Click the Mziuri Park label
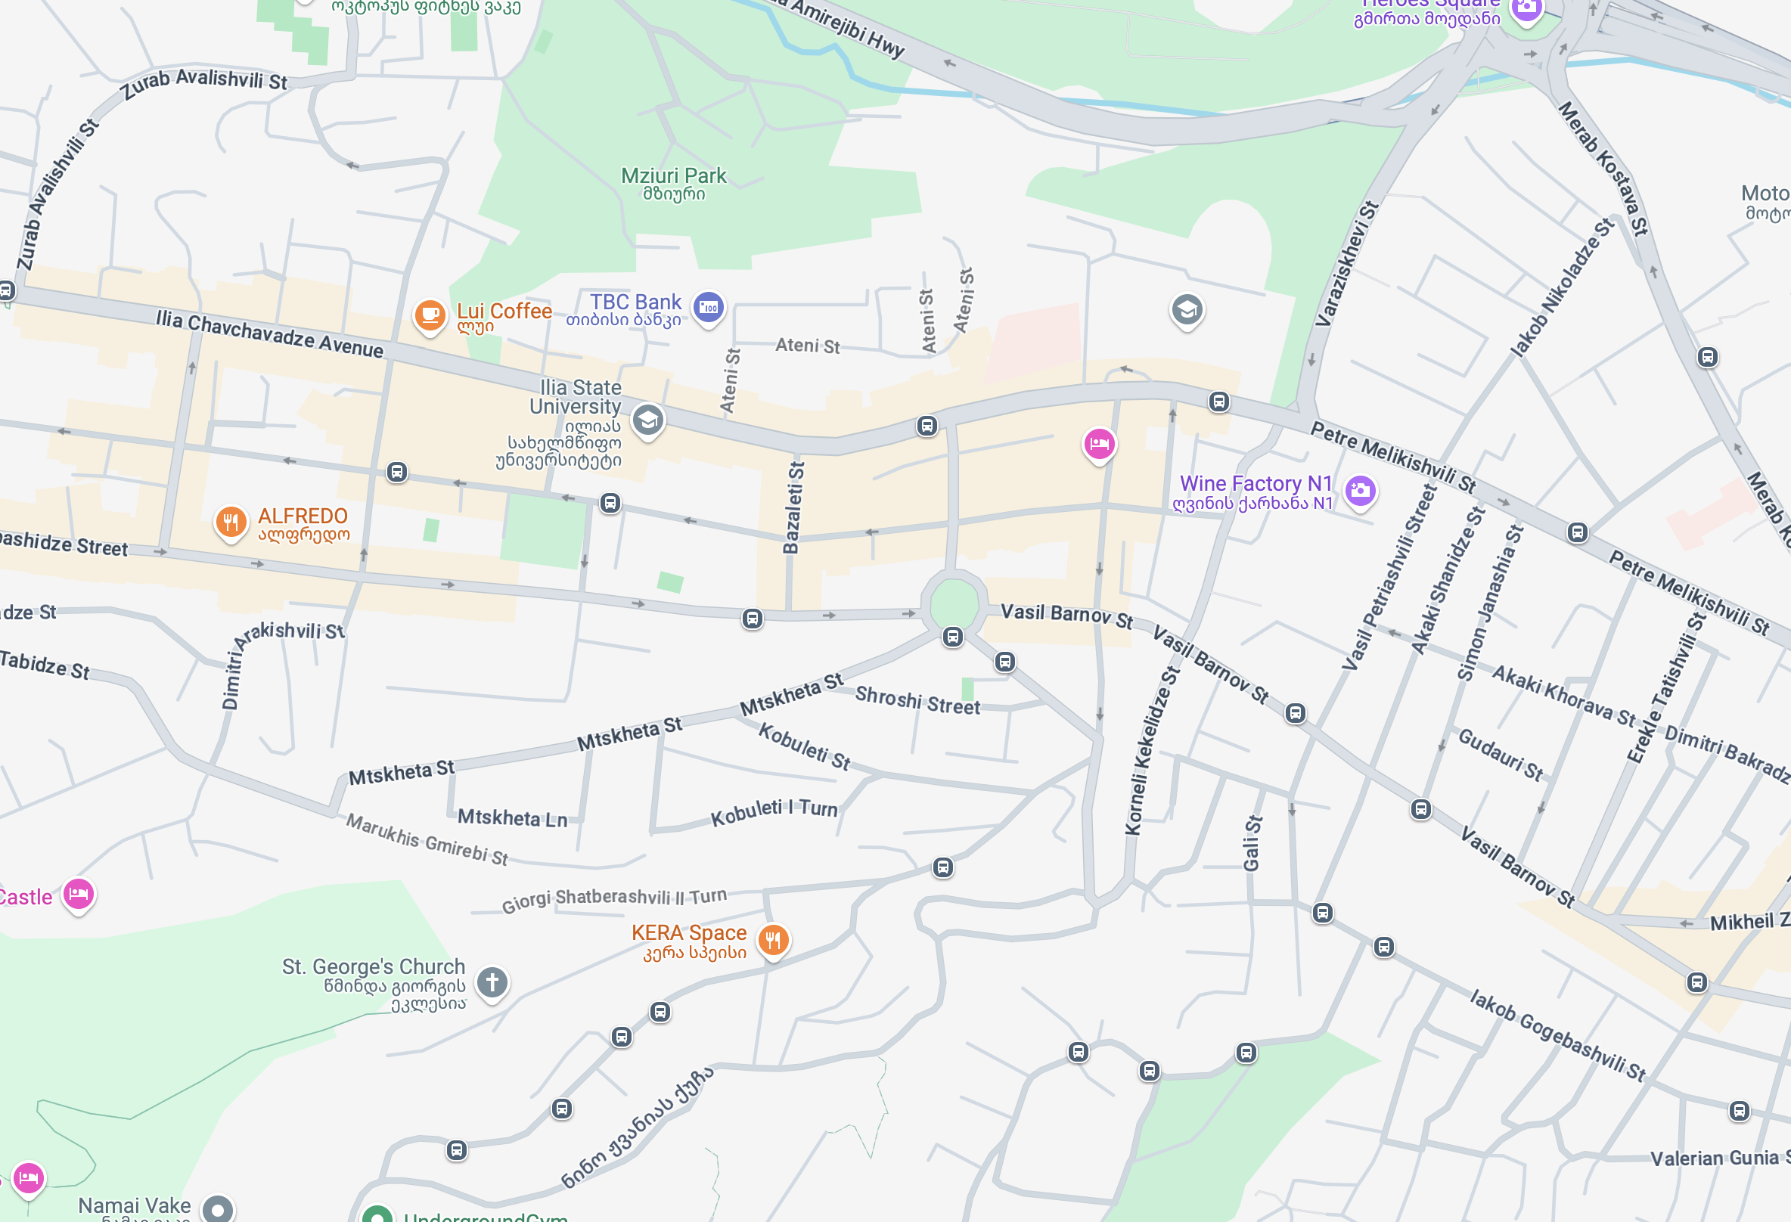click(674, 176)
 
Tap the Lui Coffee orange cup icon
click(430, 315)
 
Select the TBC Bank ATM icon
click(707, 309)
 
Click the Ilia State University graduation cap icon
click(647, 420)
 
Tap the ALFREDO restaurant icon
click(231, 523)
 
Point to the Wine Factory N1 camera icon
click(1360, 490)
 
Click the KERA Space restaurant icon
click(773, 940)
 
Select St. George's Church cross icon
click(492, 982)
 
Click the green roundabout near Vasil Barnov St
click(954, 605)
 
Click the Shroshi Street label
click(917, 700)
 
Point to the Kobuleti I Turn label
click(773, 812)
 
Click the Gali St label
click(1252, 843)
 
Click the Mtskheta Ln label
click(512, 817)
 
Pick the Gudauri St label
click(1500, 755)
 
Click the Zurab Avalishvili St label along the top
click(203, 82)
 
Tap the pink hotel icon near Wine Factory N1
click(1099, 444)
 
